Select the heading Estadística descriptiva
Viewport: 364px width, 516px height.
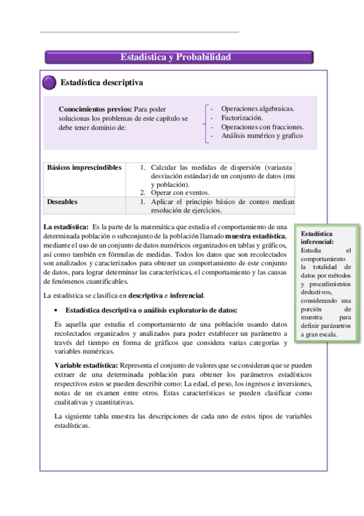pyautogui.click(x=101, y=83)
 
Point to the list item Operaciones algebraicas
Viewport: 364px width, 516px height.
pyautogui.click(x=258, y=109)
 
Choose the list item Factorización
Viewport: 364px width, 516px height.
pyautogui.click(x=242, y=117)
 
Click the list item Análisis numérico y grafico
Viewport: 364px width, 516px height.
pyautogui.click(x=262, y=136)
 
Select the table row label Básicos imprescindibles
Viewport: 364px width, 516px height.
pyautogui.click(x=84, y=167)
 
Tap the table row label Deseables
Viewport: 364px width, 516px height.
pyautogui.click(x=62, y=201)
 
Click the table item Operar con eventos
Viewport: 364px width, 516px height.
pyautogui.click(x=180, y=193)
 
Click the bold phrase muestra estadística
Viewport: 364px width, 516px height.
pyautogui.click(x=255, y=235)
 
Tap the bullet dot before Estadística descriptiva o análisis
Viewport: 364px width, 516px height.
pyautogui.click(x=56, y=310)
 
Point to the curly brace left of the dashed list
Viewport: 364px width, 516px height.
pyautogui.click(x=204, y=122)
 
